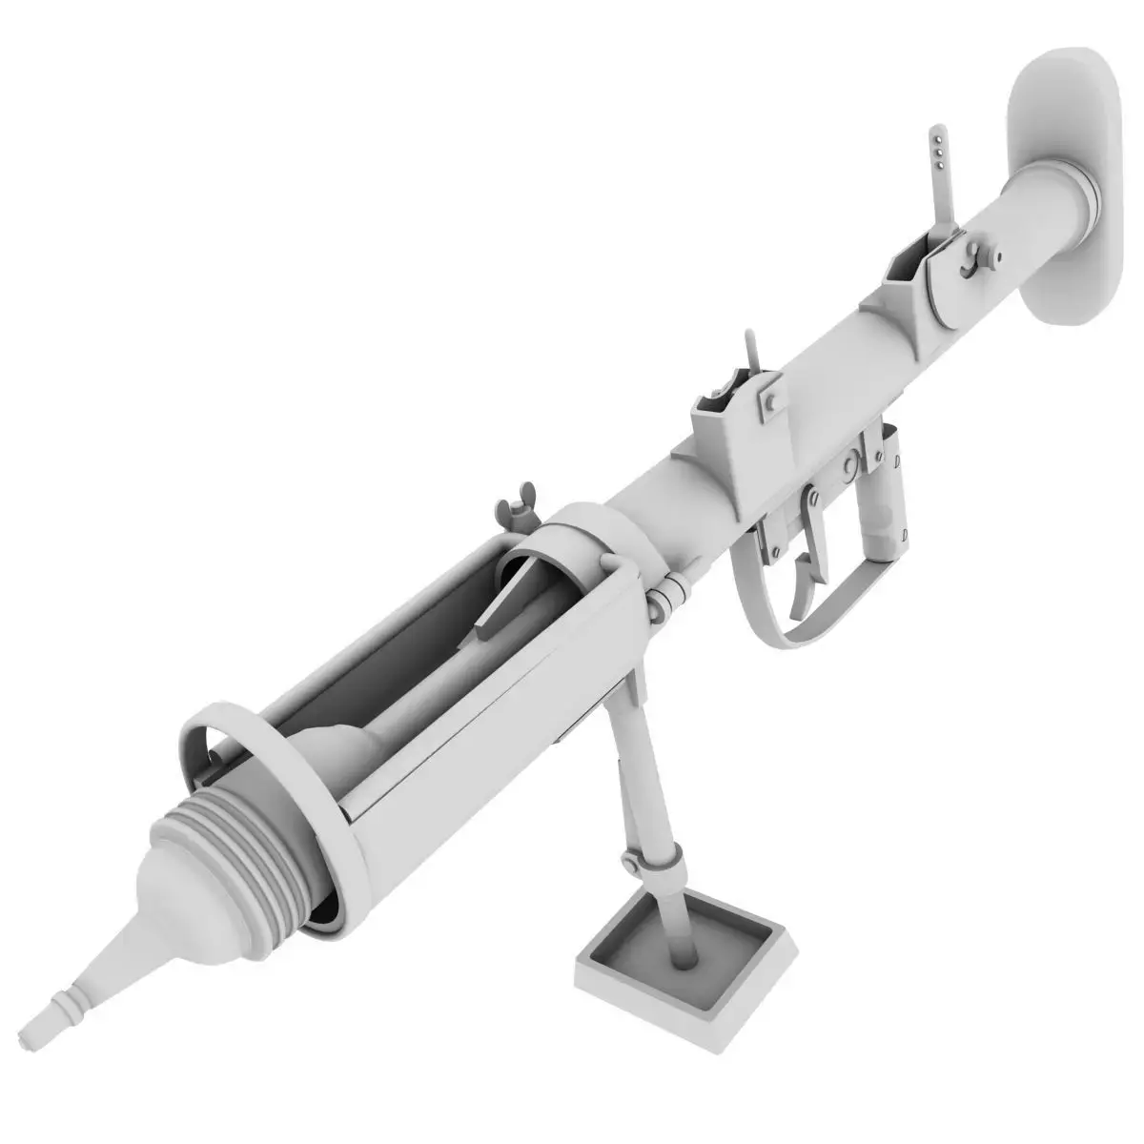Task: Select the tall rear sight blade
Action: [942, 181]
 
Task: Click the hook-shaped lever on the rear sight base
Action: [972, 257]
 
